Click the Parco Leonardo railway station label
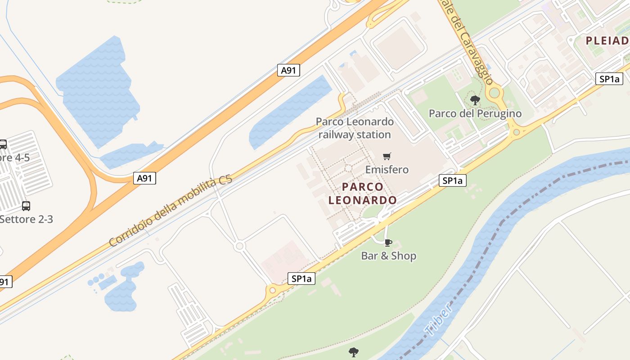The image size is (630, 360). click(355, 128)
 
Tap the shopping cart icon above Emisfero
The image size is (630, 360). click(387, 157)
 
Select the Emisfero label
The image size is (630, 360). click(387, 170)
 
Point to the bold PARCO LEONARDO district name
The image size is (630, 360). click(362, 193)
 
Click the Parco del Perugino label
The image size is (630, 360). click(475, 113)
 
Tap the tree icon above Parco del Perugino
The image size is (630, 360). click(475, 100)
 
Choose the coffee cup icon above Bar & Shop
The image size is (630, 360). click(388, 243)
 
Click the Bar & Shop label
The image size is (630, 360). click(388, 256)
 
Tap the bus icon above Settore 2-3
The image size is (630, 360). click(26, 206)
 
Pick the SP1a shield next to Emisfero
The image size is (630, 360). click(453, 181)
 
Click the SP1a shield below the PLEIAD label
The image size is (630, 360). click(610, 79)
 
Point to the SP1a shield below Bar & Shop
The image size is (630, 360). click(301, 279)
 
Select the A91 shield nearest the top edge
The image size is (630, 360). click(288, 70)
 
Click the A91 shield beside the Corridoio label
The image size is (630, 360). click(144, 179)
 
